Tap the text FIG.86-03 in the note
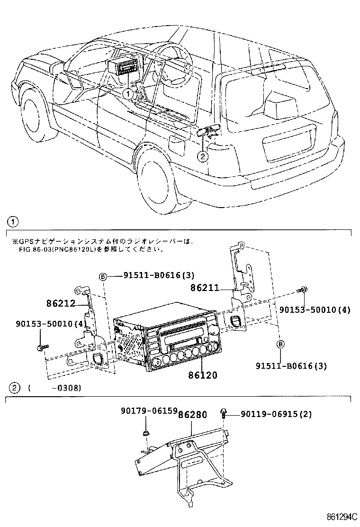[x=29, y=249]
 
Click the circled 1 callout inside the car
[x=127, y=94]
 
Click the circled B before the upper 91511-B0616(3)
[x=102, y=277]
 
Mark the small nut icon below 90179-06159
[x=147, y=433]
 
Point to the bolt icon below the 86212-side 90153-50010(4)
[x=40, y=348]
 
